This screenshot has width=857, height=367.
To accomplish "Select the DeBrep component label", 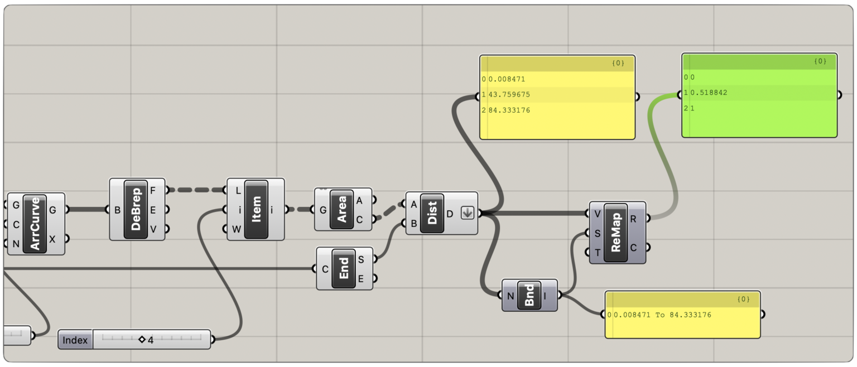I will coord(136,209).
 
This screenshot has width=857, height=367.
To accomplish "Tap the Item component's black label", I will coord(256,209).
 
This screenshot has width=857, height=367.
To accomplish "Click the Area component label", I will coord(341,209).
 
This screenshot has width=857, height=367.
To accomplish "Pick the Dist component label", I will coord(432,213).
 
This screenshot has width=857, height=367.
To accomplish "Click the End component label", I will coord(343,269).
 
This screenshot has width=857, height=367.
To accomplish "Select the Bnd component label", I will coord(529,295).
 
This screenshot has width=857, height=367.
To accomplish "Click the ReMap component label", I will coord(616,232).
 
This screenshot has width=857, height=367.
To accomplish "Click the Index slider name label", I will coord(75,340).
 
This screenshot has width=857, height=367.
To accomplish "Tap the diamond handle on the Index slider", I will coord(142,339).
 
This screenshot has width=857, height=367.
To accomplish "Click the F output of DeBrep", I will coord(153,190).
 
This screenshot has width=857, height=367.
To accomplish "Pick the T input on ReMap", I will coord(598,252).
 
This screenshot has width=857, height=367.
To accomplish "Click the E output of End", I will coord(361,278).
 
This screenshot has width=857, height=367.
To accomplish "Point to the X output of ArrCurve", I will coord(52,239).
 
